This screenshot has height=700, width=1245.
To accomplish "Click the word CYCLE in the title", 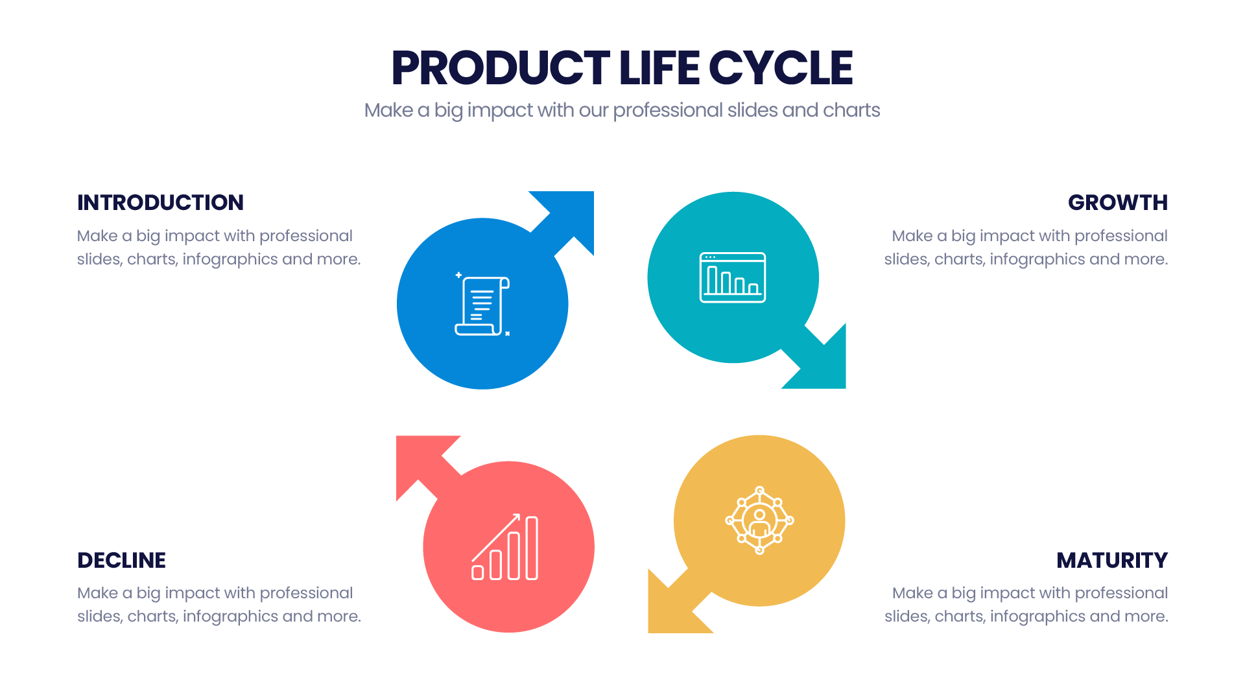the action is tap(781, 68).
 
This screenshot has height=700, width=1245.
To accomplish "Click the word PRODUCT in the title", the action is tap(501, 68).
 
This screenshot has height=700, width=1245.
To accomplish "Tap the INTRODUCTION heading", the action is tap(160, 203).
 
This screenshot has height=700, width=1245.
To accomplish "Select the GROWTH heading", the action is tap(1118, 203).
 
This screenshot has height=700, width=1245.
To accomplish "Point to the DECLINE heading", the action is tap(121, 561).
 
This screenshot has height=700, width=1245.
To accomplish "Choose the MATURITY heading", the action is tap(1112, 561).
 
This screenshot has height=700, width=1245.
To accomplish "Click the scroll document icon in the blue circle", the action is tap(482, 304).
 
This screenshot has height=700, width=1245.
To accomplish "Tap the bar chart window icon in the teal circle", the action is tap(733, 277).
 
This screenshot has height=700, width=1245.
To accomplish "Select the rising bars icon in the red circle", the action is tap(505, 546).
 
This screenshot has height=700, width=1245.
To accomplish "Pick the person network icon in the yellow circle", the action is tap(759, 520).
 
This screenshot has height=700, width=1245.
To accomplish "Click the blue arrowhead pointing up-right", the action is tap(569, 216).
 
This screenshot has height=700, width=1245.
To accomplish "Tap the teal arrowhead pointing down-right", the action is tap(821, 364).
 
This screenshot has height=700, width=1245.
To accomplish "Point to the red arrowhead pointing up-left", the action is tap(421, 461).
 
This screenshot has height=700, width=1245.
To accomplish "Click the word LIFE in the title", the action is tap(659, 68).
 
